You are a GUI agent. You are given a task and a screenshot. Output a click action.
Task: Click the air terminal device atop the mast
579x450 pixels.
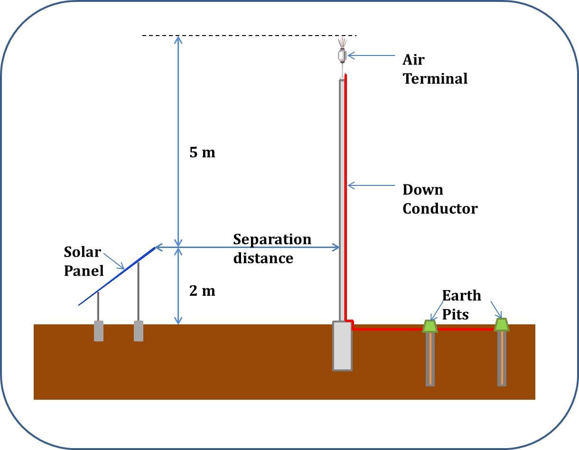[x=342, y=55]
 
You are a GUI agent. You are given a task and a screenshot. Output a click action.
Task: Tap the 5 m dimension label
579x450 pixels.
[x=202, y=153]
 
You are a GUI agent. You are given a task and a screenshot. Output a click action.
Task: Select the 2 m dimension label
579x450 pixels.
[x=202, y=291]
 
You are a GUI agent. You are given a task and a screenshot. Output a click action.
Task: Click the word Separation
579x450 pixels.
[x=272, y=240]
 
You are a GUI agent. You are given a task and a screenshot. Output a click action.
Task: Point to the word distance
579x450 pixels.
[x=263, y=258]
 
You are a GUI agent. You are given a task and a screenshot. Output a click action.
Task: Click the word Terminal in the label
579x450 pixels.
[x=435, y=78]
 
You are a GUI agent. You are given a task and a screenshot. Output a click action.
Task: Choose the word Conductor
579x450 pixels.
[x=440, y=209]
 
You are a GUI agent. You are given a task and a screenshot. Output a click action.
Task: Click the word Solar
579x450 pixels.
[x=83, y=251]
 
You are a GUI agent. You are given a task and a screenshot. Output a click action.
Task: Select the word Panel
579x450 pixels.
[x=84, y=271]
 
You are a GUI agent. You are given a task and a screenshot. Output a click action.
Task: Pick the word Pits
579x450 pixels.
[x=456, y=314]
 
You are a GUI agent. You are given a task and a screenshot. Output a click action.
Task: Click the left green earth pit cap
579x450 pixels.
[x=430, y=326]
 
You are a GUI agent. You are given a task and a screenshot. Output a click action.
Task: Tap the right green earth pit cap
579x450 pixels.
[x=502, y=325]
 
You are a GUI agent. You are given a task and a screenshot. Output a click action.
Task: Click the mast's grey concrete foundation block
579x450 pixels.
[x=342, y=346]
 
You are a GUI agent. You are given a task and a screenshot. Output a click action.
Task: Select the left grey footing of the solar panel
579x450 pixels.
[x=99, y=331]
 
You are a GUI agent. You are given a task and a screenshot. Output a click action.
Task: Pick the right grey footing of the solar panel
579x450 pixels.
[x=139, y=331]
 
